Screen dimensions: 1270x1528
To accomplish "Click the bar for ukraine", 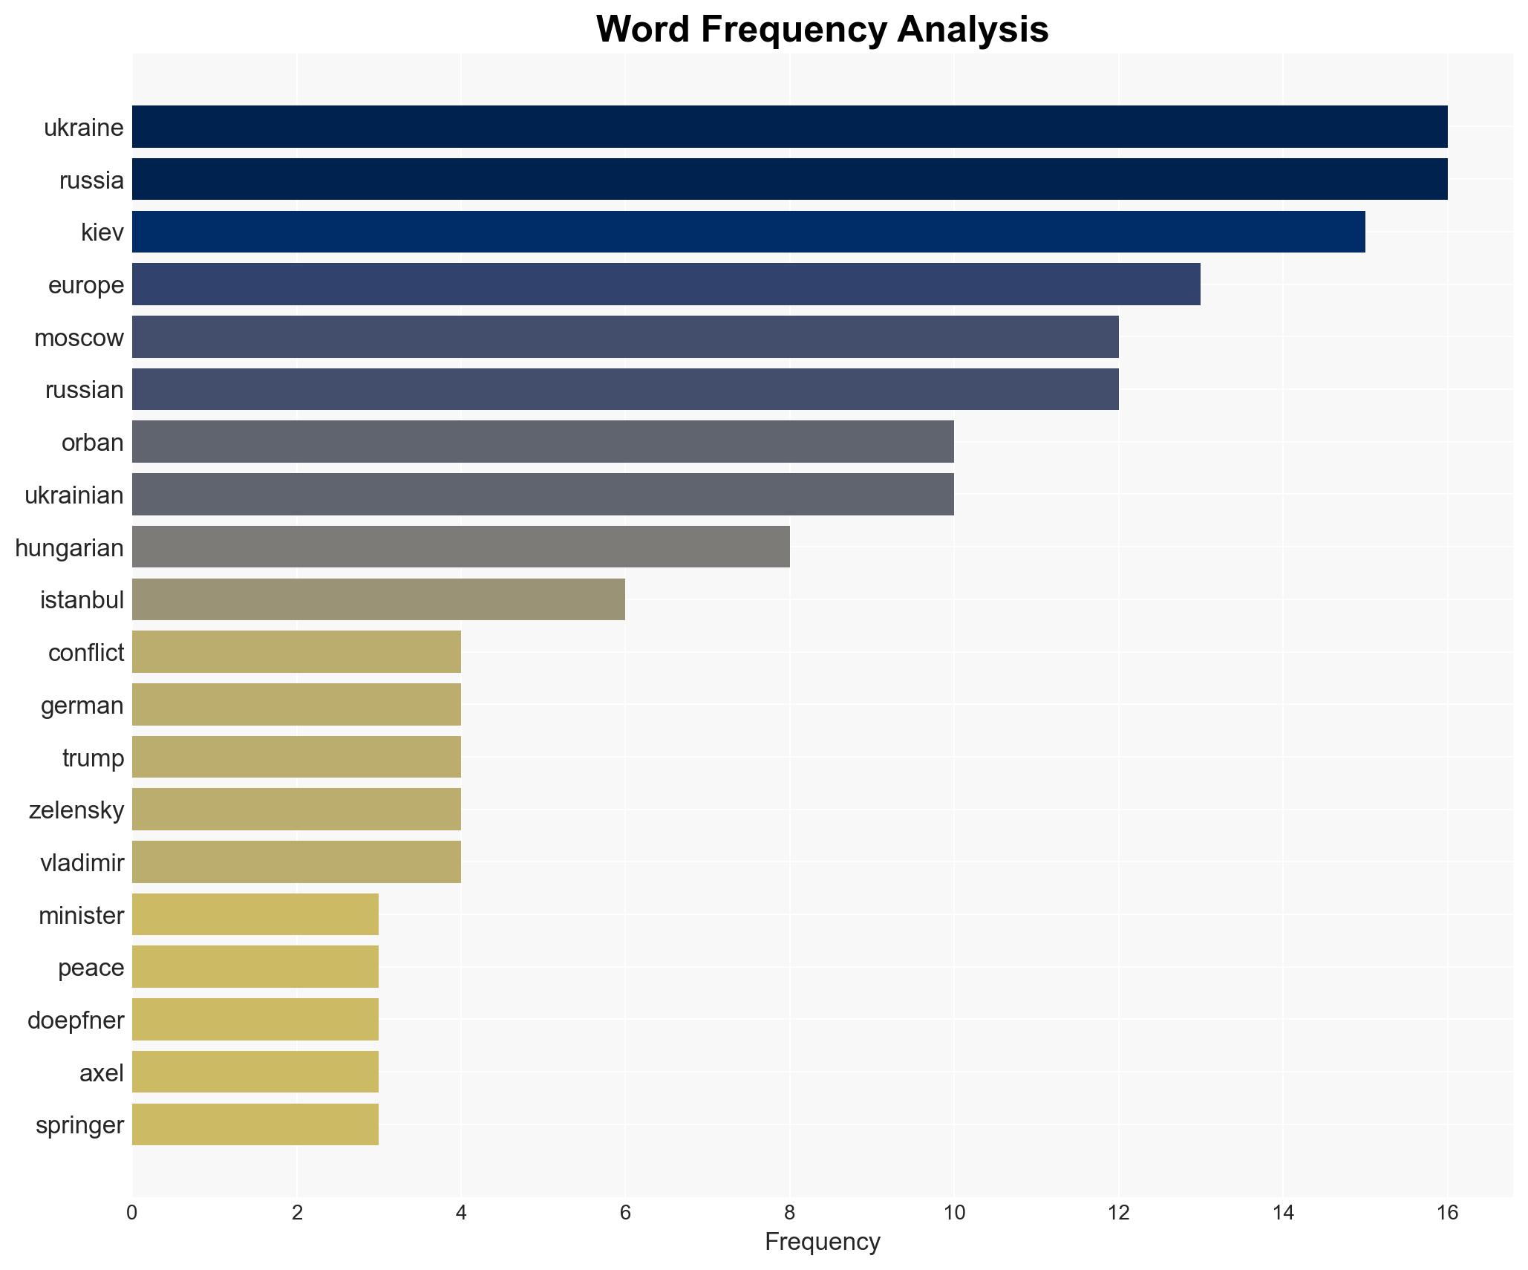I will [x=789, y=126].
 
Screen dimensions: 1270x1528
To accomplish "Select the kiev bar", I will [x=748, y=232].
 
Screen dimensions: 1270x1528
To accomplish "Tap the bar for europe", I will [x=666, y=284].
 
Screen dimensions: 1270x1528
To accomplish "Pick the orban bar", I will [x=543, y=442].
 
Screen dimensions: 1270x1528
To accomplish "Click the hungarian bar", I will [x=460, y=547].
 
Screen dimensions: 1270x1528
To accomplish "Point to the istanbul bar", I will [x=379, y=599].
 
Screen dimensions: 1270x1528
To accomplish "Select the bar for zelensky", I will [x=296, y=810].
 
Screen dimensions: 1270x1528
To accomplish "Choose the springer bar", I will [x=255, y=1124].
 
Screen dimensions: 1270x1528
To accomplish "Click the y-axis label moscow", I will [x=79, y=338].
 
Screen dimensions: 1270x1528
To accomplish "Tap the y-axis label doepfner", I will [x=76, y=1020].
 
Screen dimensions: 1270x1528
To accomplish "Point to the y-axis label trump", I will [x=93, y=758].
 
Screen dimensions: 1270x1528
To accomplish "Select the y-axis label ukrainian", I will [x=74, y=495].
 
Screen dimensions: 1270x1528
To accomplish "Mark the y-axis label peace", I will [x=91, y=968].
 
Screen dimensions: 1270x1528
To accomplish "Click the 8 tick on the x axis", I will [x=789, y=1213].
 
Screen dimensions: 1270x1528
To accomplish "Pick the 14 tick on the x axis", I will [x=1282, y=1213].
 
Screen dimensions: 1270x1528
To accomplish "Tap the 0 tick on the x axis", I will [x=132, y=1213].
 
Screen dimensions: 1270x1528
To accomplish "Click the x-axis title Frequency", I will [x=822, y=1242].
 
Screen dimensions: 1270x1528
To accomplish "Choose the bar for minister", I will [x=255, y=914].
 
